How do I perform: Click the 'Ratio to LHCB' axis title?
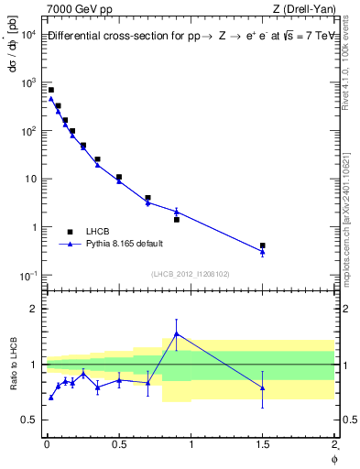pos(12,364)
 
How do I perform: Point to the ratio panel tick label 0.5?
pos(29,420)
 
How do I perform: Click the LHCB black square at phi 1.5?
pos(263,245)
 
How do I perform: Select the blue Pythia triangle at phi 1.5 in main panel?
pos(263,251)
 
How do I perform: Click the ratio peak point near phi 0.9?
pos(176,333)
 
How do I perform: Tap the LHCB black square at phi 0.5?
pos(119,177)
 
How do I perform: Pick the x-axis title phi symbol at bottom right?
pos(335,458)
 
